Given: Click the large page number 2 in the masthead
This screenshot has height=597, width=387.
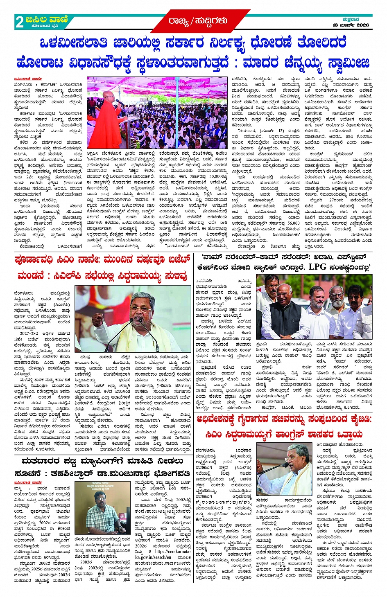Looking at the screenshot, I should pos(19,22).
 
